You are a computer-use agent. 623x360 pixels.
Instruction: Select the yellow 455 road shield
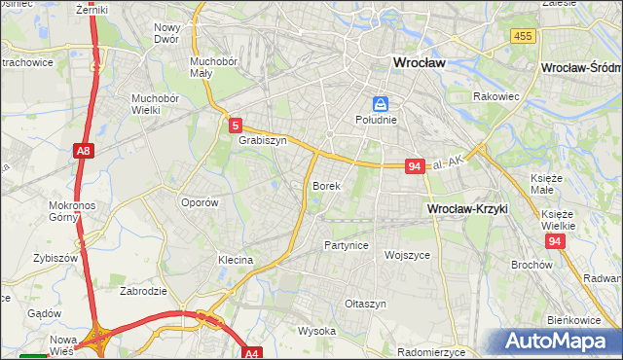click(522, 36)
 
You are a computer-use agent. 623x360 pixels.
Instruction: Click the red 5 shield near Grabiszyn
click(237, 125)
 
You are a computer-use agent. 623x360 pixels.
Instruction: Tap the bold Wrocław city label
click(418, 61)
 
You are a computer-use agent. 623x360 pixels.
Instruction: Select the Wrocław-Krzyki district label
click(467, 209)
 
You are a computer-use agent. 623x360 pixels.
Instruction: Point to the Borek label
click(326, 185)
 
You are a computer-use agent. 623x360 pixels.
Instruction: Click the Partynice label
click(347, 245)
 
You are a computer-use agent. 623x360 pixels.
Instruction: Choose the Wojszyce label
click(408, 255)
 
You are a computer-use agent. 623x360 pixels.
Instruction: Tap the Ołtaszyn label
click(366, 304)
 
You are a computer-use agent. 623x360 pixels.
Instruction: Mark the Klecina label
click(236, 261)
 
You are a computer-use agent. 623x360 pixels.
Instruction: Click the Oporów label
click(200, 202)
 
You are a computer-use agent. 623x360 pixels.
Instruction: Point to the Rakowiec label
click(494, 97)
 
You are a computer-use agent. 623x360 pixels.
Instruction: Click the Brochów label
click(531, 265)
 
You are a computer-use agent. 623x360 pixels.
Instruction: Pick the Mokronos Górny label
click(68, 211)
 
